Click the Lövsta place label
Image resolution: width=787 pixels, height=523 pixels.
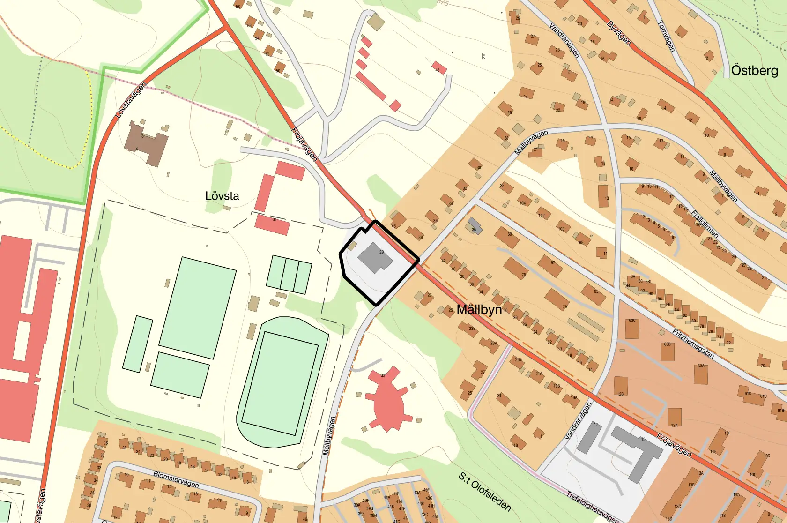pos(222,196)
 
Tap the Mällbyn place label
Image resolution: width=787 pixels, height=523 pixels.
pos(479,310)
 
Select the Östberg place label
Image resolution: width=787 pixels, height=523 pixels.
pos(754,71)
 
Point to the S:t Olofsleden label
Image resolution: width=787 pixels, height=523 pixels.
pos(484,492)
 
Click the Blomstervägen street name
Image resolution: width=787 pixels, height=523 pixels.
pos(176,478)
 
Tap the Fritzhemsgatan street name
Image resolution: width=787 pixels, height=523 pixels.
pos(693,344)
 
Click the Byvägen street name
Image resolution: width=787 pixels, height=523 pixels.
pos(618,33)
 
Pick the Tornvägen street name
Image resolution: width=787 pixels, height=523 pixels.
pos(666,36)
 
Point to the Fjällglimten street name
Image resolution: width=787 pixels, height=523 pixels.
pos(705,224)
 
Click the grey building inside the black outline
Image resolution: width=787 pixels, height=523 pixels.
pos(374,257)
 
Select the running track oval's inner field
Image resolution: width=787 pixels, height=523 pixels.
pos(280,384)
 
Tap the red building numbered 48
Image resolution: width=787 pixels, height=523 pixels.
pos(439,68)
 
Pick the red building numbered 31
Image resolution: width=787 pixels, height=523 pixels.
pos(272,224)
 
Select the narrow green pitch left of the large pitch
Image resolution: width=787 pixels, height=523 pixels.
pos(138,344)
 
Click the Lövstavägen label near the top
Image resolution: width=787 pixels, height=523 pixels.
pos(131,100)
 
